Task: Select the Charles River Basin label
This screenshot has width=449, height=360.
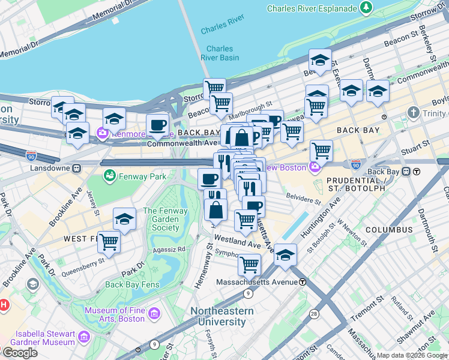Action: click(x=222, y=53)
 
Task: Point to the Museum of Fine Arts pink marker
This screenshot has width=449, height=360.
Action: click(x=155, y=313)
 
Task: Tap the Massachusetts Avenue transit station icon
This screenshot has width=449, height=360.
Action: click(x=303, y=282)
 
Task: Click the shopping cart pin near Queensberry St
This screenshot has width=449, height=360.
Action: click(x=109, y=242)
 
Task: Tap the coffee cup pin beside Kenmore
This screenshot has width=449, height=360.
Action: click(x=157, y=125)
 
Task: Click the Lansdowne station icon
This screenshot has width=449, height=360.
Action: click(x=77, y=169)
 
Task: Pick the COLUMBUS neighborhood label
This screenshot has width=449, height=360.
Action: click(x=388, y=230)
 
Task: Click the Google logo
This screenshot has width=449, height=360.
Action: click(x=19, y=353)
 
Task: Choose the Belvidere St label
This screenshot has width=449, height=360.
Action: click(x=303, y=197)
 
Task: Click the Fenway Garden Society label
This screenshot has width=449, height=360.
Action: click(x=161, y=220)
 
